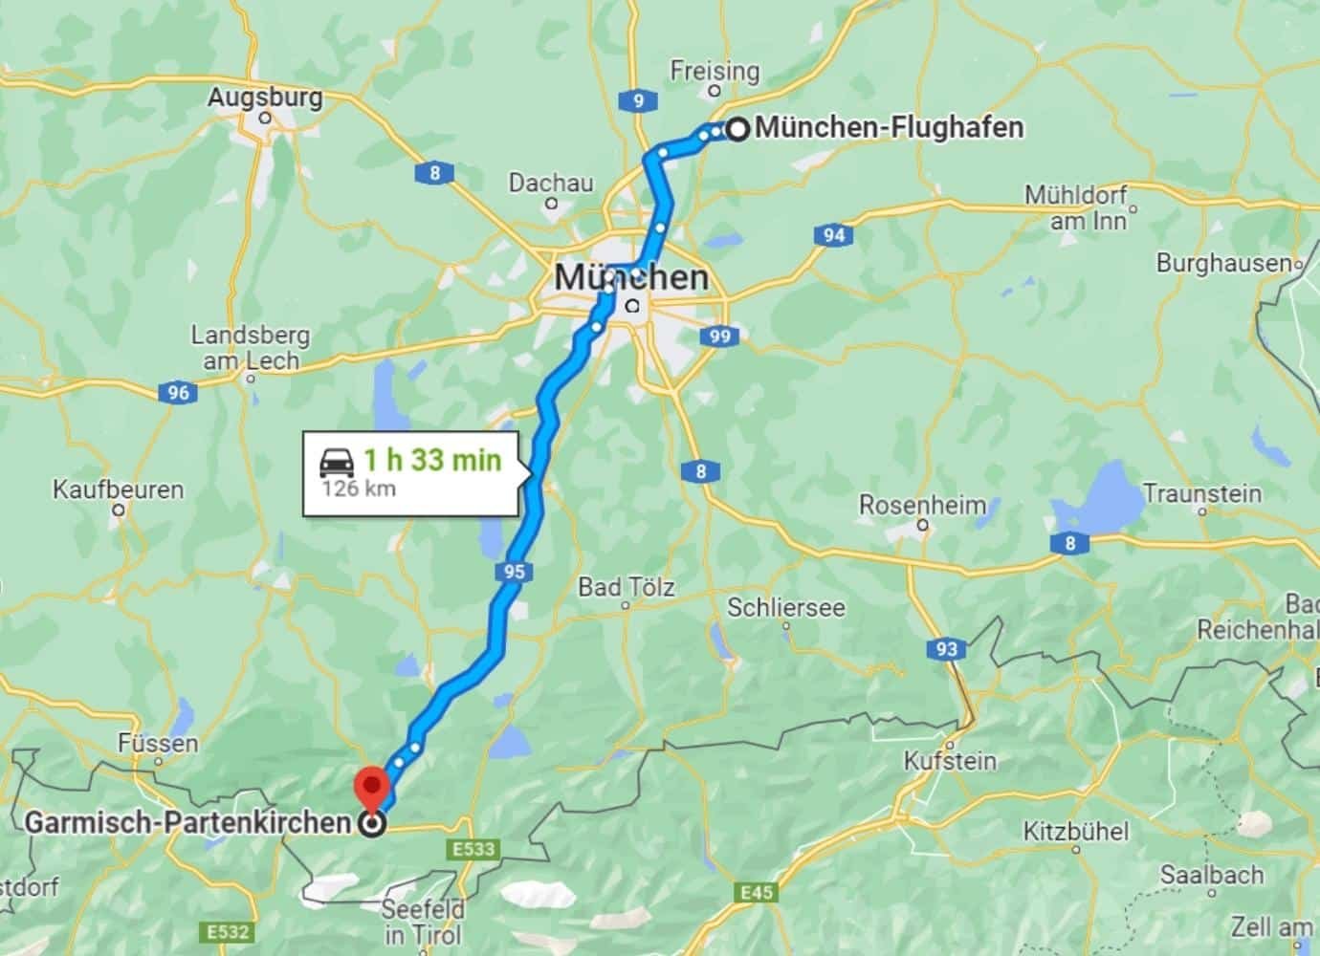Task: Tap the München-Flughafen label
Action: pyautogui.click(x=889, y=127)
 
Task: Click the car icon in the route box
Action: pyautogui.click(x=337, y=462)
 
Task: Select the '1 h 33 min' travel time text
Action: pyautogui.click(x=431, y=460)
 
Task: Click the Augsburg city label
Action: pyautogui.click(x=265, y=97)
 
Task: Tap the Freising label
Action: pyautogui.click(x=715, y=71)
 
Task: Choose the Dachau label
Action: pyautogui.click(x=551, y=183)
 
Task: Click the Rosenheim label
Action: pyautogui.click(x=922, y=505)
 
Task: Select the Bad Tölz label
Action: pyautogui.click(x=626, y=587)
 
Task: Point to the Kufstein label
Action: pyautogui.click(x=950, y=761)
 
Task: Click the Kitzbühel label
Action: pyautogui.click(x=1076, y=831)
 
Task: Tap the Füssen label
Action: pyautogui.click(x=159, y=743)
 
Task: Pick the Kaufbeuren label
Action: pyautogui.click(x=118, y=489)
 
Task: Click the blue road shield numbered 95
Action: pyautogui.click(x=514, y=572)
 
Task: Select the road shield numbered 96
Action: pyautogui.click(x=178, y=392)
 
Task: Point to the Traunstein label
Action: pyautogui.click(x=1202, y=493)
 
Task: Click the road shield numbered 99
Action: pyautogui.click(x=720, y=336)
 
